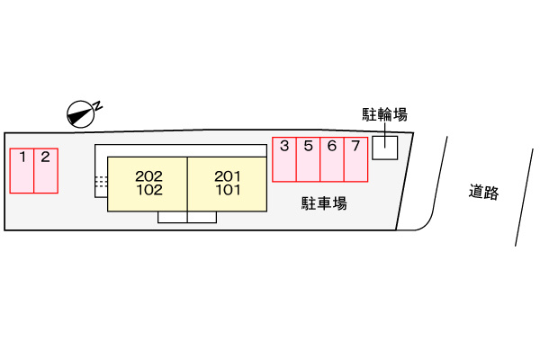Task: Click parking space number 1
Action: [x=22, y=171]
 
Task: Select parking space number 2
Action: [x=46, y=171]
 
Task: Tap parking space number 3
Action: [x=284, y=159]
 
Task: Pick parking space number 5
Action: [x=308, y=159]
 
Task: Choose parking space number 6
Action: [x=332, y=159]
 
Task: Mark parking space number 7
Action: [x=356, y=159]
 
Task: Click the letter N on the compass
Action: [x=98, y=106]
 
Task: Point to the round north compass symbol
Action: [x=81, y=114]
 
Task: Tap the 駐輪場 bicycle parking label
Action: [x=384, y=114]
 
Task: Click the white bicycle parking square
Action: [x=385, y=148]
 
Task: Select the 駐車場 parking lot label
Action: [x=324, y=203]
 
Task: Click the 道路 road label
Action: [x=483, y=192]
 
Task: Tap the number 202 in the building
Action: [x=148, y=176]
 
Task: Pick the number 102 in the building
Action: [x=149, y=190]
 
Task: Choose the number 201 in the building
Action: [x=228, y=176]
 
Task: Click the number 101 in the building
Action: [x=228, y=190]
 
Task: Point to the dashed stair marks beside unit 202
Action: [x=101, y=182]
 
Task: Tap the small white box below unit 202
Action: [x=173, y=217]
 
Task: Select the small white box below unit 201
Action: [x=202, y=217]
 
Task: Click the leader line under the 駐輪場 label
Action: [x=385, y=135]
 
